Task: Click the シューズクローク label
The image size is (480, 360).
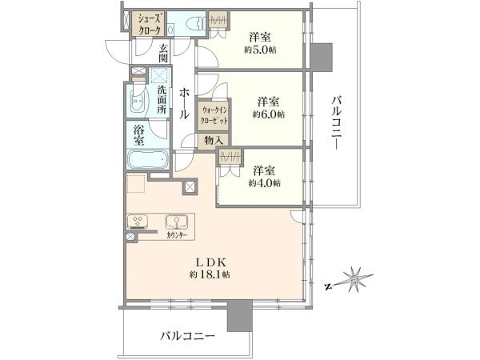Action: (x=149, y=23)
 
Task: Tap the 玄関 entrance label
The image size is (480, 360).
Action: (x=162, y=53)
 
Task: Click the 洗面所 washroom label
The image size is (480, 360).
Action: (x=161, y=100)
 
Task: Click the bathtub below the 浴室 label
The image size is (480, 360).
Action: (x=147, y=160)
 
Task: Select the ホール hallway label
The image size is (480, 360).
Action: (x=183, y=103)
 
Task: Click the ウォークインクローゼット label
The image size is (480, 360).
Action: (x=214, y=114)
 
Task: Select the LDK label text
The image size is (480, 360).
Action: (x=210, y=262)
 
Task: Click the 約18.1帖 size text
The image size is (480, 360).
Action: (x=210, y=274)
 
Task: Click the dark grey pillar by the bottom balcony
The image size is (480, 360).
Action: (x=238, y=318)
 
